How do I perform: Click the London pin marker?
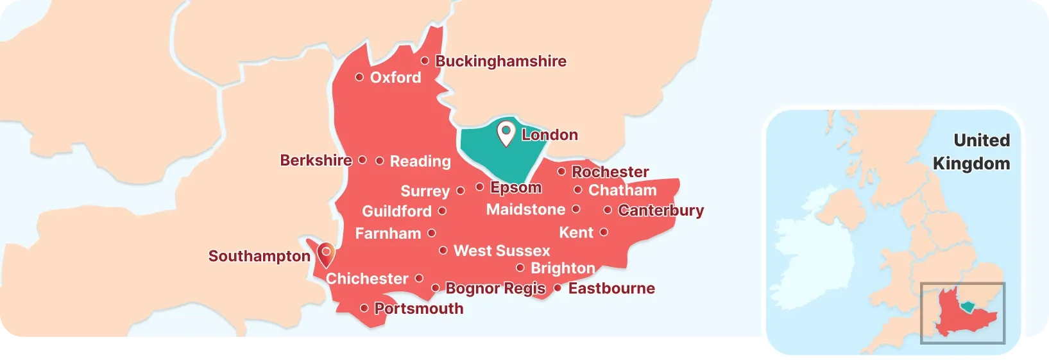coord(506,133)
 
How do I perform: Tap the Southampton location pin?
coord(326,254)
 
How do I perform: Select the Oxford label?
coord(395,78)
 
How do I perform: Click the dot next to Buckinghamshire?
coord(425,61)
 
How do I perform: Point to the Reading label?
coord(420,161)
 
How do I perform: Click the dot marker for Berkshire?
coord(362,160)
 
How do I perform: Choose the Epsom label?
coord(516,187)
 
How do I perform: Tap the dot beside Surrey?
coord(460,191)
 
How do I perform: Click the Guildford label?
coord(397,211)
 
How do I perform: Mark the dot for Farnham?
coord(432,233)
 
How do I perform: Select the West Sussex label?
coord(502,251)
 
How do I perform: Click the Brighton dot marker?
coord(520,268)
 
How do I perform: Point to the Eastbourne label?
coord(611,288)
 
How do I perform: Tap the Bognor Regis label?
coord(495,288)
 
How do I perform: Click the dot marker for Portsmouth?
coord(364,309)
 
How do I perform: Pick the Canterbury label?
coord(661,210)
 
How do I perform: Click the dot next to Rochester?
coord(561,171)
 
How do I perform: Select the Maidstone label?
coord(525,210)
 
